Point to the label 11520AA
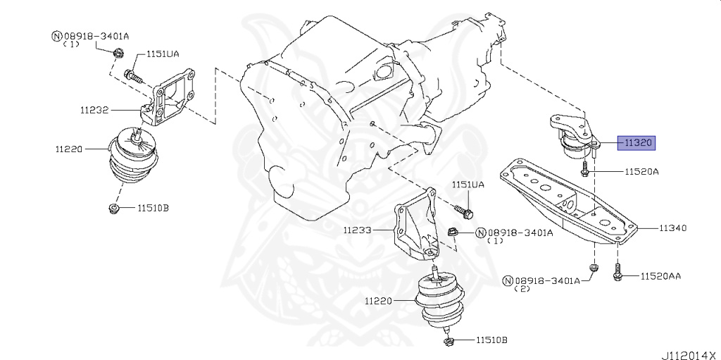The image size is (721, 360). (x=660, y=277)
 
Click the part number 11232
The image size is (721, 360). (x=94, y=111)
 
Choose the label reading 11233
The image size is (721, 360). (x=358, y=230)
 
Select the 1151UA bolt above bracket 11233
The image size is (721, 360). (x=463, y=210)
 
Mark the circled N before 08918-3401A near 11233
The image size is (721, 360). (x=481, y=232)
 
